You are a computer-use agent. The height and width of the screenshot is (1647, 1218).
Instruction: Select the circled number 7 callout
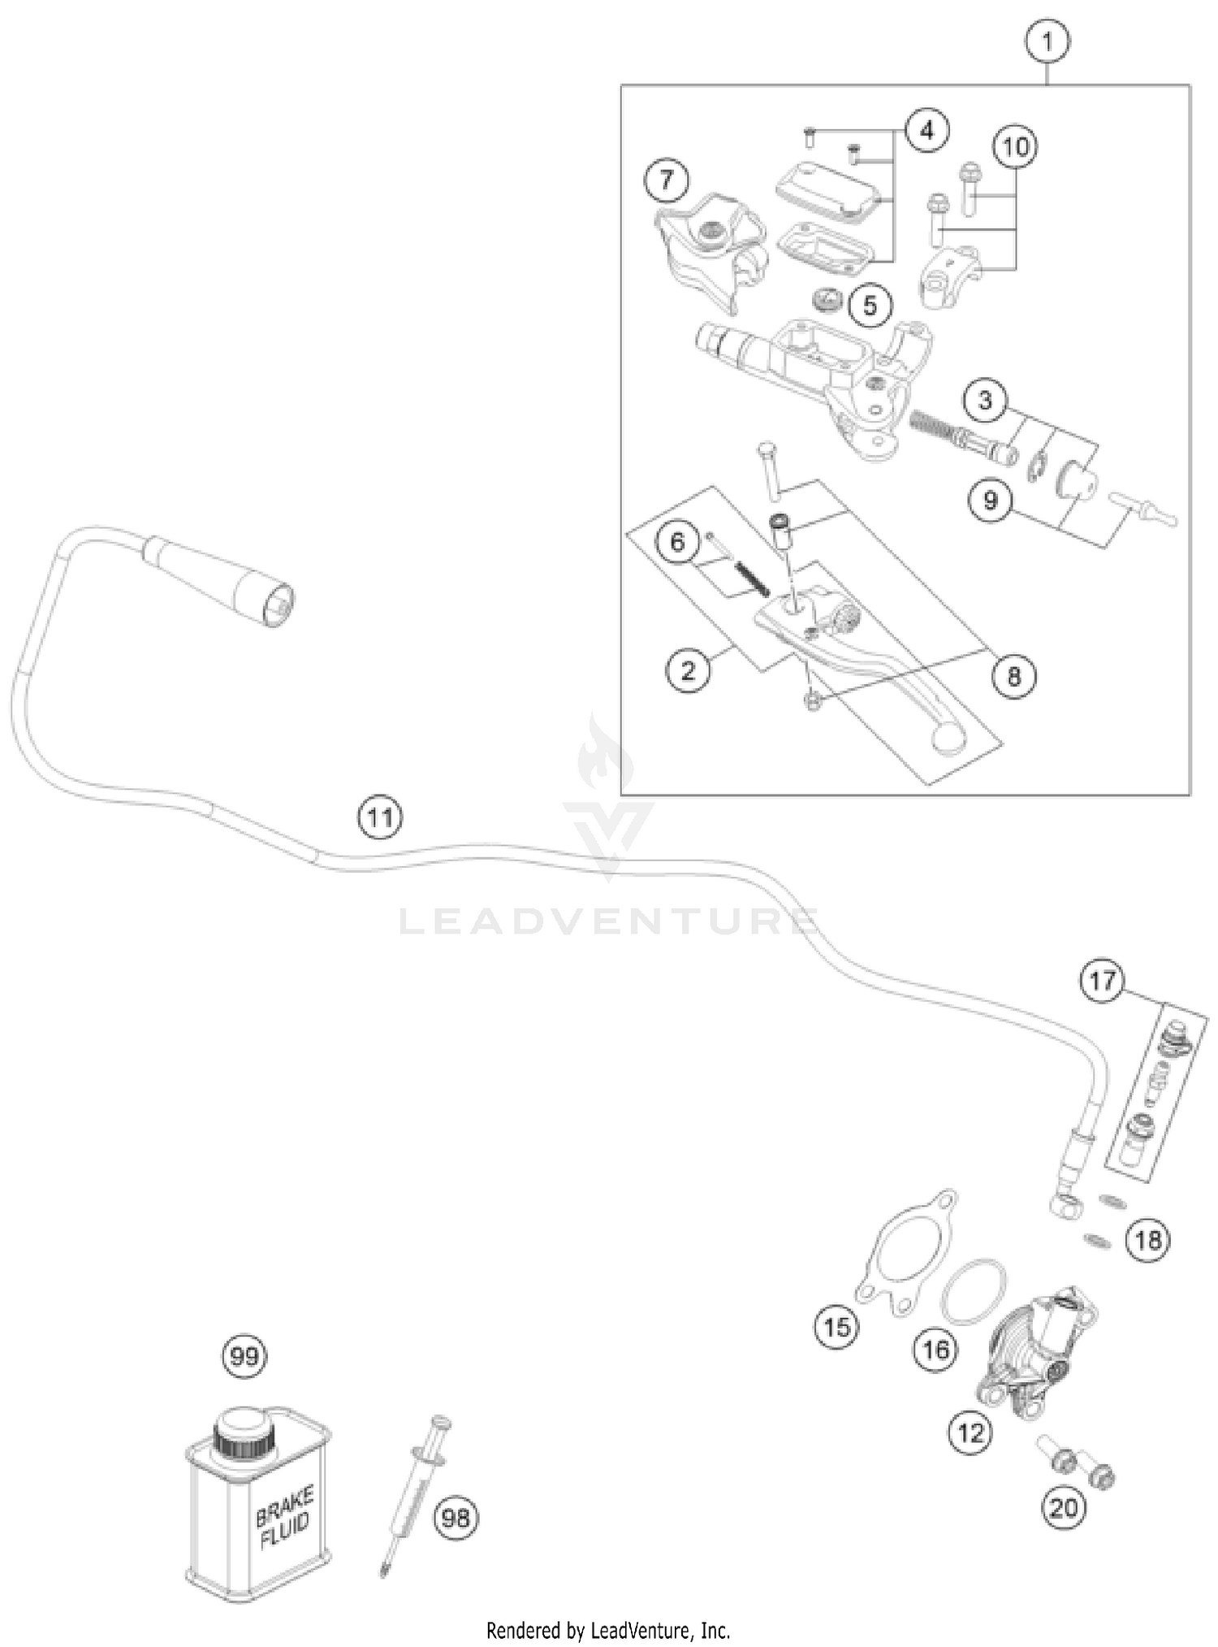click(x=667, y=180)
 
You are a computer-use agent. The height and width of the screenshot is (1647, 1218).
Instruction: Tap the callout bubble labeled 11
click(x=381, y=817)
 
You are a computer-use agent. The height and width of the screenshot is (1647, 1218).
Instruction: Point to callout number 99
click(x=244, y=1356)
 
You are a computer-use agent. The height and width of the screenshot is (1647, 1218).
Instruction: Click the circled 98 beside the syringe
click(x=456, y=1517)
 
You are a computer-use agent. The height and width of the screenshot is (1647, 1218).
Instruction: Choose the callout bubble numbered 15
click(x=837, y=1326)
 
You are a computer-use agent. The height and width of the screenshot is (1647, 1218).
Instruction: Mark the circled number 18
click(x=1149, y=1240)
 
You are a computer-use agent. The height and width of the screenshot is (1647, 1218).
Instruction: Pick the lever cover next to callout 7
click(x=706, y=244)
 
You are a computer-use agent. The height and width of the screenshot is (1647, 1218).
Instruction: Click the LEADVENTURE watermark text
click(x=609, y=922)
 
